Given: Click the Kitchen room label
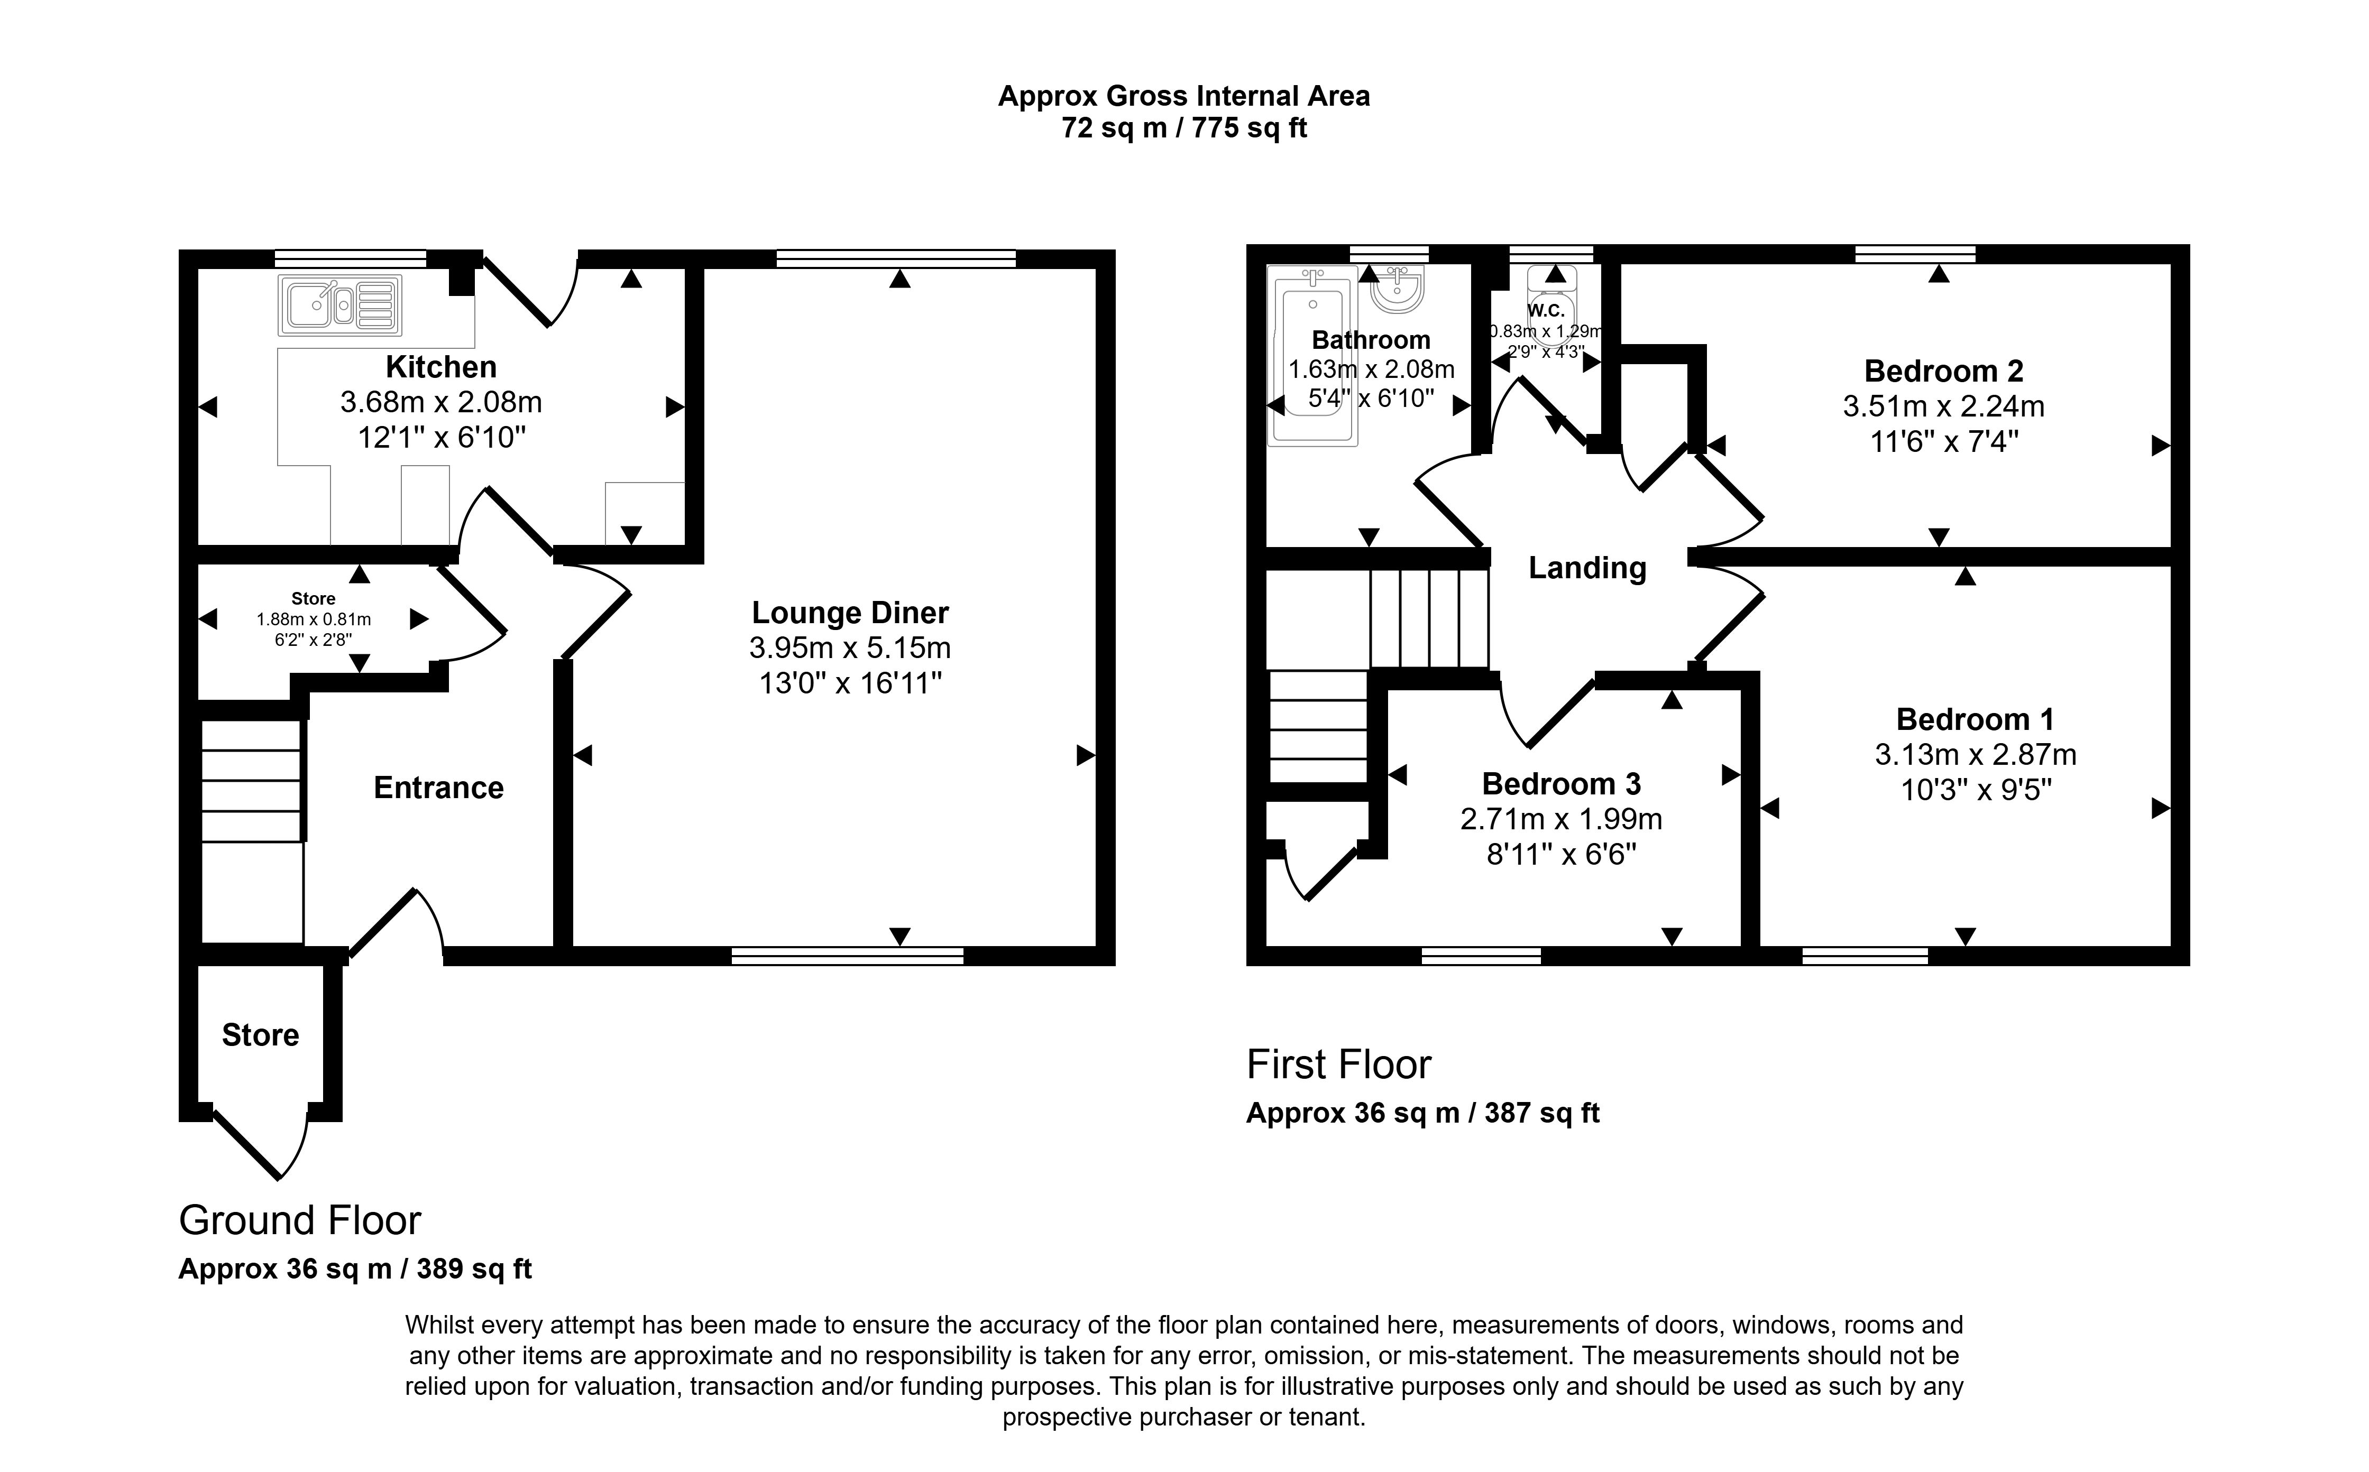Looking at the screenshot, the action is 441,367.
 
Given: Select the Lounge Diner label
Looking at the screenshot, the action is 850,613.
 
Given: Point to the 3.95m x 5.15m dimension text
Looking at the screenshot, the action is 850,647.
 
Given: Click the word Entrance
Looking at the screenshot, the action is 439,788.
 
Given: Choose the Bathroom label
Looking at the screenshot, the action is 1371,340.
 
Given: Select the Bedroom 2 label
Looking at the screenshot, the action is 1943,371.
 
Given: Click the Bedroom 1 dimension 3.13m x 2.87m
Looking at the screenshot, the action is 1976,754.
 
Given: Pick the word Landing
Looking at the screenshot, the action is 1587,568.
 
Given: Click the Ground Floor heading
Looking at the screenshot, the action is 300,1220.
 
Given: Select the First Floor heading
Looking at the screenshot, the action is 1339,1064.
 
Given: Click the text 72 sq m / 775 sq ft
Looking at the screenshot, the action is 1184,127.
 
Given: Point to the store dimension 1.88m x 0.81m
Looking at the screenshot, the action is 314,619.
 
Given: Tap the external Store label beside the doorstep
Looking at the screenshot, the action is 260,1035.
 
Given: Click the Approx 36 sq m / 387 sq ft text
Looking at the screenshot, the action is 1422,1113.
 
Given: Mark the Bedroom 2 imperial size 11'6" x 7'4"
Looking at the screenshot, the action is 1943,441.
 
